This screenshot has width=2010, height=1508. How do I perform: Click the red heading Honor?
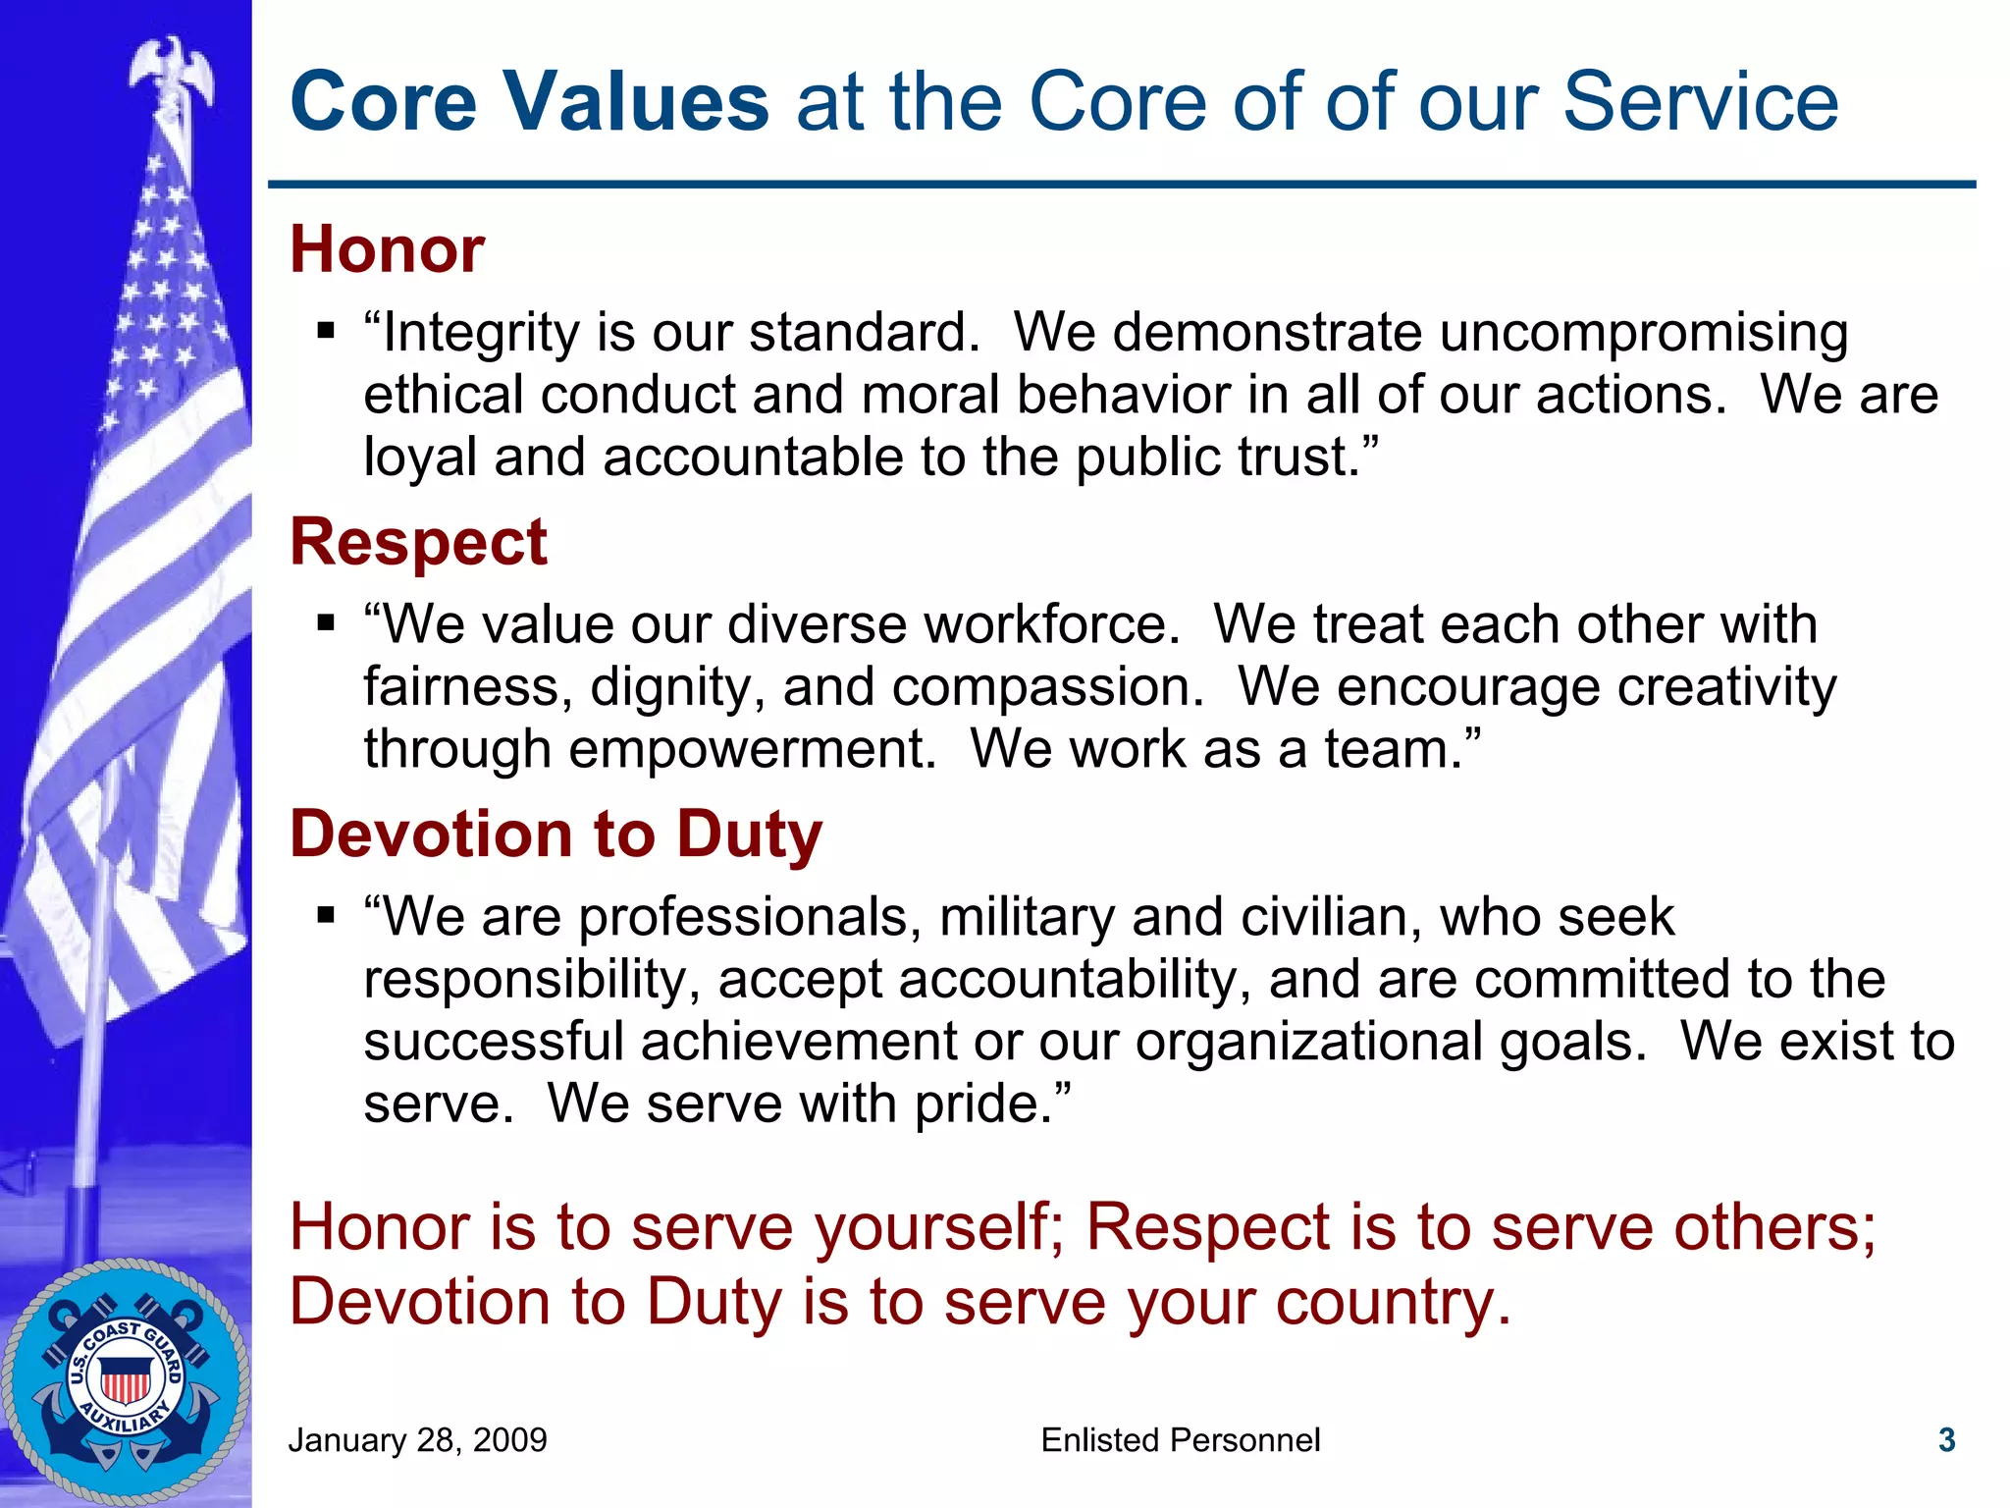coord(387,249)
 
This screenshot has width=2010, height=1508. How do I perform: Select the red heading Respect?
coord(418,542)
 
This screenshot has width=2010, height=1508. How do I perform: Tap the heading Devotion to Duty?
coord(555,835)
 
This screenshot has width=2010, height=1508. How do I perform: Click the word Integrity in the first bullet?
coord(481,333)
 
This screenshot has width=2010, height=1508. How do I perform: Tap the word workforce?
coord(1051,624)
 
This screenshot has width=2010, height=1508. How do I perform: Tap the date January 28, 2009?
coord(417,1440)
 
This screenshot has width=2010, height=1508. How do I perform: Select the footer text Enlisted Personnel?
coord(1180,1440)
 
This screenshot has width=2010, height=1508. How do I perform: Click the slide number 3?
coord(1947,1440)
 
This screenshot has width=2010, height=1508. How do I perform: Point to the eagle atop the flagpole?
coord(173,69)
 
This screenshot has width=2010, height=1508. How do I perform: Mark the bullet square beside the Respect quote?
coord(327,622)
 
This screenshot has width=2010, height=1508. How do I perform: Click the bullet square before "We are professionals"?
coord(327,915)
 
